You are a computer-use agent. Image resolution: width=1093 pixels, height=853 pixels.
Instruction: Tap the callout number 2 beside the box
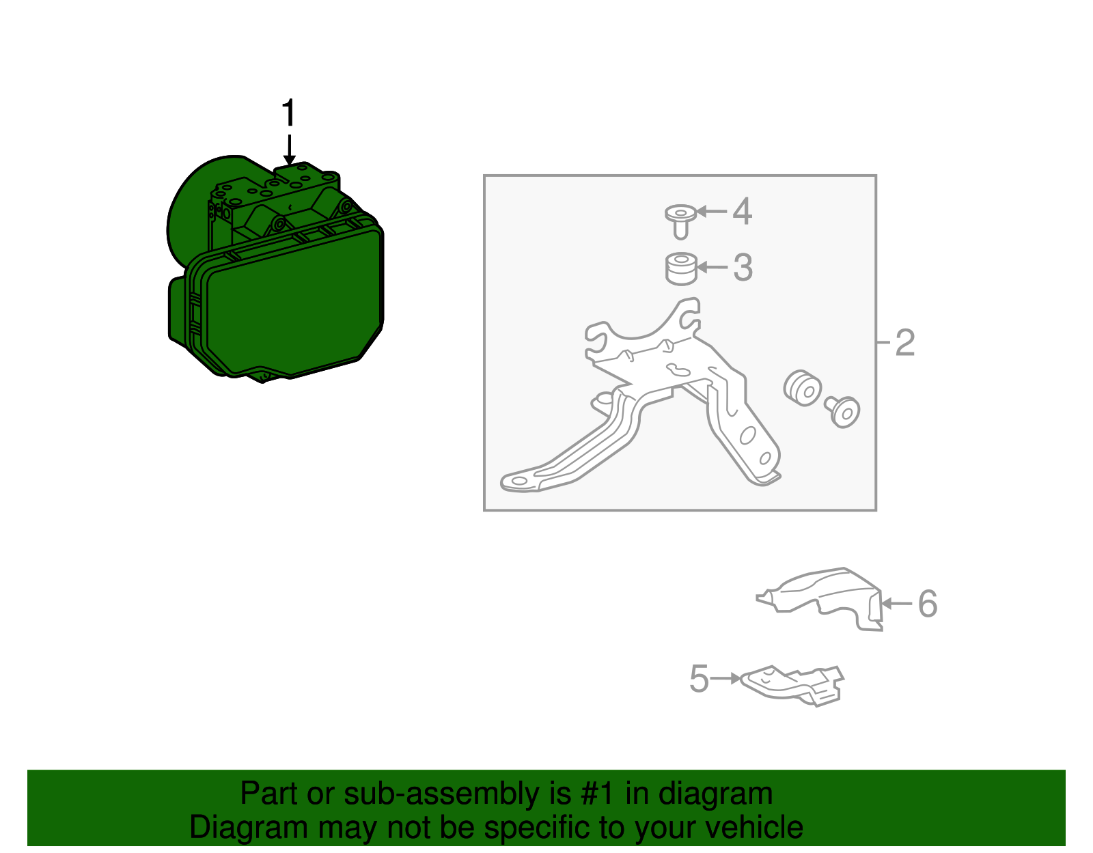[x=905, y=343]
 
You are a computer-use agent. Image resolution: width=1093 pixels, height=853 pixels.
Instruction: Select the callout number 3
[x=743, y=268]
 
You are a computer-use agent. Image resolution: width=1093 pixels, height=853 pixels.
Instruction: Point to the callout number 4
[x=743, y=211]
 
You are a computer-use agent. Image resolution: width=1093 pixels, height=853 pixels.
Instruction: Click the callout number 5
[x=699, y=679]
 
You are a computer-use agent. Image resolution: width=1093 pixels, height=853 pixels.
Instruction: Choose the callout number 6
[x=928, y=604]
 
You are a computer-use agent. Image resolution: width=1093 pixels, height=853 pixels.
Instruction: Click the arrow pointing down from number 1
[x=289, y=150]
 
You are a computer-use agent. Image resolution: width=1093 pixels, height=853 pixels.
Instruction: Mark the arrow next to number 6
[x=897, y=603]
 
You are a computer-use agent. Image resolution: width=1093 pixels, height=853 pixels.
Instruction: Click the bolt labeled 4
[x=680, y=222]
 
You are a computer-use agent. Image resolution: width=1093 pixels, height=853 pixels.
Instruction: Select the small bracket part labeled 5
[x=792, y=686]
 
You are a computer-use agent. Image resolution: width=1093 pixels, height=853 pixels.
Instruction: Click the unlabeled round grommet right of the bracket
[x=802, y=389]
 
